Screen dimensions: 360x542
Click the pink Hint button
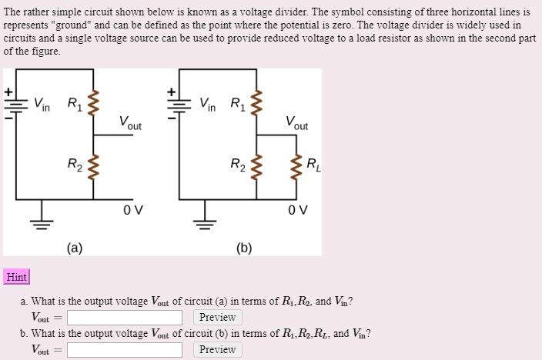point(16,277)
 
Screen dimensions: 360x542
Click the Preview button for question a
point(217,317)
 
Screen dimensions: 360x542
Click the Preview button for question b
point(217,349)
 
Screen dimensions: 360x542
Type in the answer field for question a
point(124,317)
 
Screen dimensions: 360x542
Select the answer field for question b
point(124,349)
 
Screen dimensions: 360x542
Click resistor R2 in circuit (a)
point(94,164)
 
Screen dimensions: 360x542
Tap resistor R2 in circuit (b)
point(257,164)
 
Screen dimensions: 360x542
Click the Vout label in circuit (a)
point(130,123)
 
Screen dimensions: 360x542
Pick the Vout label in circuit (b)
point(296,123)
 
